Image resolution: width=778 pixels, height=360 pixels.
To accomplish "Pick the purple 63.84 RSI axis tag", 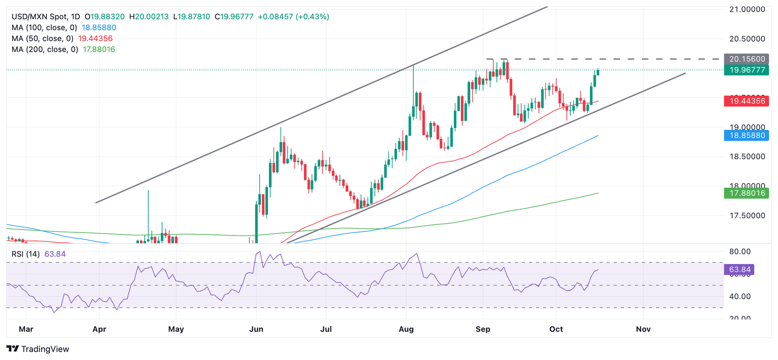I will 740,270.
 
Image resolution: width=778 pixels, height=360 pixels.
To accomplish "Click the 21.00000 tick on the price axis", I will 746,9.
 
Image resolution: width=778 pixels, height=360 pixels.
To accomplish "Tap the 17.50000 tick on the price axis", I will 746,216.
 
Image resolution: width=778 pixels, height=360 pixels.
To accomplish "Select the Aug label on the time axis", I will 406,329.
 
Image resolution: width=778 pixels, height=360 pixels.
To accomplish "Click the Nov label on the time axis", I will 643,329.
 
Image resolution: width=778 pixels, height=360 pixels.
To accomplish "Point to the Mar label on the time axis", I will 26,329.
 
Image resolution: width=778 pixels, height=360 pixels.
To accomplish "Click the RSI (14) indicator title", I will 26,254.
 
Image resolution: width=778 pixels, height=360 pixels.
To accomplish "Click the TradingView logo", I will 37,349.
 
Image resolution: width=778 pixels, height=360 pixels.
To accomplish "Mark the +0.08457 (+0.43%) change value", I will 293,17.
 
